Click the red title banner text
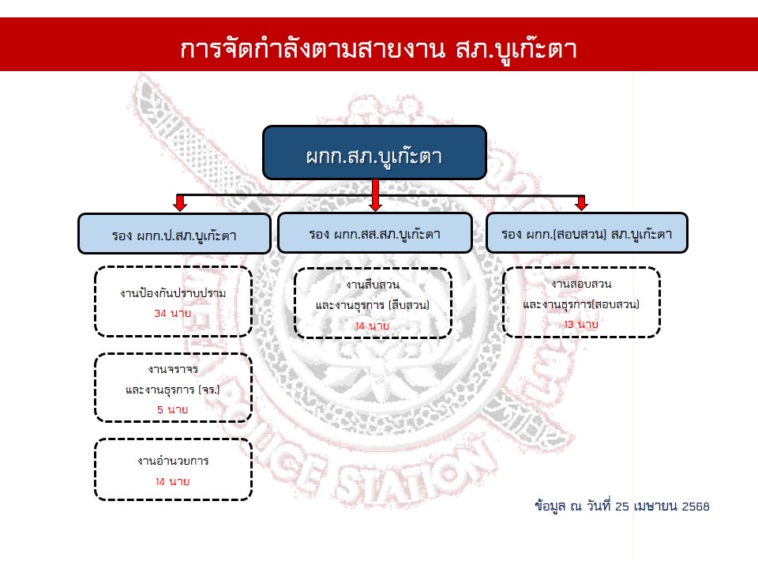379,49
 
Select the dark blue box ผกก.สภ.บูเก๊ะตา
373,153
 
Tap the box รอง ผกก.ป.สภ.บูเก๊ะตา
174,235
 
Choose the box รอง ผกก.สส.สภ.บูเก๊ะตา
374,233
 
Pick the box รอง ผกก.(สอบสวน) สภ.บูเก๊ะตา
586,233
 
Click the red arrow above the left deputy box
180,202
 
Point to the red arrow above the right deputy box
582,202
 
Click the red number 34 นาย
173,314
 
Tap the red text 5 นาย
173,409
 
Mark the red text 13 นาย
581,325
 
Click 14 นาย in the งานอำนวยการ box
173,480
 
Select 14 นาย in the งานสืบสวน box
372,326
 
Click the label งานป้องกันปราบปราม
173,293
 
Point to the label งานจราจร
173,369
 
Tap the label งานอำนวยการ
173,460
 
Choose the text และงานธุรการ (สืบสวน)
373,305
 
